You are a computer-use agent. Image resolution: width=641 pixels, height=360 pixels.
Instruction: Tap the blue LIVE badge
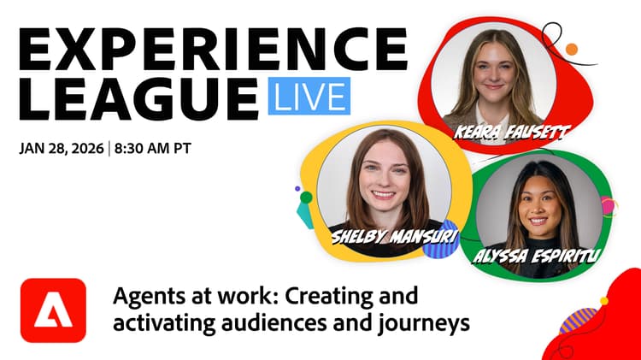[x=309, y=96]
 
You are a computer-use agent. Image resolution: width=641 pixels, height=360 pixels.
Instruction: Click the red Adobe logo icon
[x=54, y=311]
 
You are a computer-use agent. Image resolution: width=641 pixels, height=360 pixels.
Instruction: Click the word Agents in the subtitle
[x=140, y=298]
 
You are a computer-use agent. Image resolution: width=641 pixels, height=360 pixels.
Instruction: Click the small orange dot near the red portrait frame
[x=572, y=50]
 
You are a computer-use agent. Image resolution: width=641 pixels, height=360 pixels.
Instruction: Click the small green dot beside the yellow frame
[x=306, y=198]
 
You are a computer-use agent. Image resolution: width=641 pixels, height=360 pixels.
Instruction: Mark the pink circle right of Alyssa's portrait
[x=608, y=206]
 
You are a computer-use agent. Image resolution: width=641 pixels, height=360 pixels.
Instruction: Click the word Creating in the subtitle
[x=321, y=298]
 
